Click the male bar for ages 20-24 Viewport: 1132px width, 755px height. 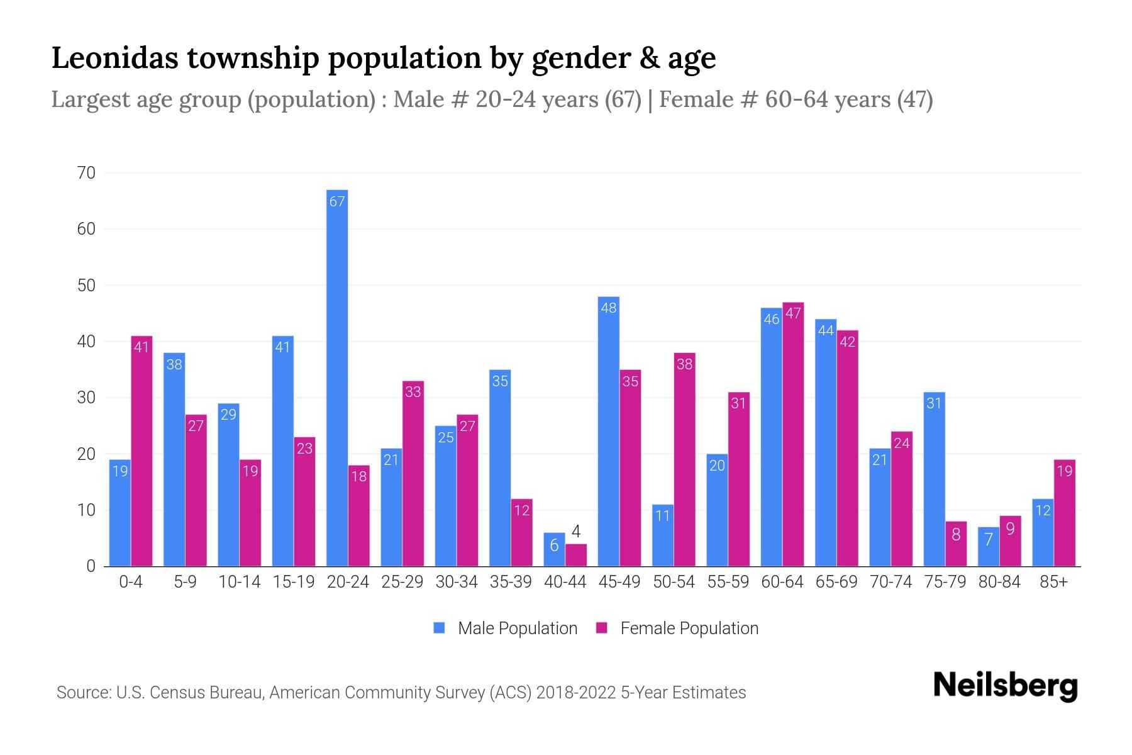pos(337,377)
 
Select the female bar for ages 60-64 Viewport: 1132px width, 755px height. pos(793,434)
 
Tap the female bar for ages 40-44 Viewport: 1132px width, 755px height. pos(575,555)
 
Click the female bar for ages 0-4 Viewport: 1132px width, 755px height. pos(141,451)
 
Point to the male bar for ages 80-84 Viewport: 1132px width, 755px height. pos(988,547)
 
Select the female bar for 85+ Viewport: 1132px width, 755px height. pos(1064,513)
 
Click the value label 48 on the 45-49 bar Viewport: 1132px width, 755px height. pos(608,308)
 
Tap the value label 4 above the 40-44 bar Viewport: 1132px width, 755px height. pos(575,532)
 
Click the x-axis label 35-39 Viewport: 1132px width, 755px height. pos(511,582)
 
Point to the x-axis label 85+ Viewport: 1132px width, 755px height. pos(1053,582)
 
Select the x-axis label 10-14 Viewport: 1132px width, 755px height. pos(239,582)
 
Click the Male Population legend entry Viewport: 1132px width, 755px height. pos(517,628)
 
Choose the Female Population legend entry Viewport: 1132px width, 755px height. pos(689,628)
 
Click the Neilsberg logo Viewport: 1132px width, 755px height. pos(1005,686)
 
